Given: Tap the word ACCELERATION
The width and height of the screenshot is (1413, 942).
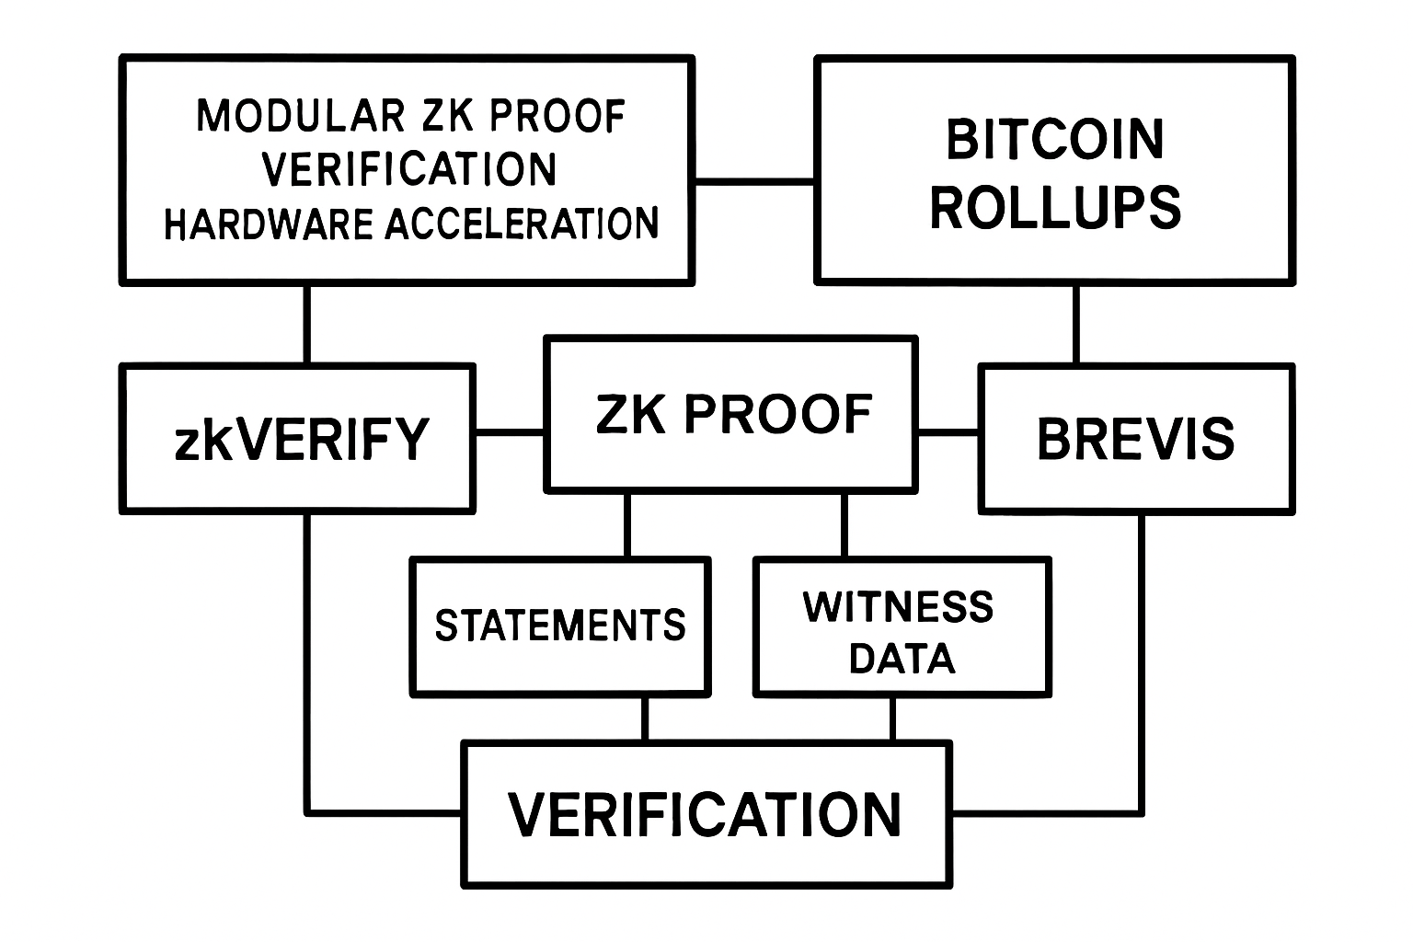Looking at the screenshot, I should [522, 224].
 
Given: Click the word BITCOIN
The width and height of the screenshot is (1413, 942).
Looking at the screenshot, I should [1055, 140].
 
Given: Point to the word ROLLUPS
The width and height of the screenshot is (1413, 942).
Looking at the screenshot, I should [1055, 207].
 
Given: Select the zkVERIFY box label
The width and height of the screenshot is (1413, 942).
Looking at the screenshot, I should [301, 439].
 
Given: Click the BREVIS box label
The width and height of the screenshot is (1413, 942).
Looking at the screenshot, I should [1136, 438].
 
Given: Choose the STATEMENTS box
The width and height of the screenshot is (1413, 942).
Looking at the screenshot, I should [560, 626].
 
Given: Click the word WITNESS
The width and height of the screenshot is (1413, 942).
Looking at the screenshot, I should [899, 607].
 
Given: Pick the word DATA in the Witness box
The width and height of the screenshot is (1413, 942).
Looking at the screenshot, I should [902, 659].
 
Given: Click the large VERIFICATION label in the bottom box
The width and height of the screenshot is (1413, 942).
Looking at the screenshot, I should [705, 814].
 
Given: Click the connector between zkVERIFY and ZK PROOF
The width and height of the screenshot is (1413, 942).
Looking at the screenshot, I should [510, 431].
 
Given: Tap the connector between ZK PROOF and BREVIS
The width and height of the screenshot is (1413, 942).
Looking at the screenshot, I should [948, 431].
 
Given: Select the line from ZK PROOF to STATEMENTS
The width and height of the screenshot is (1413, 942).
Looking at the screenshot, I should [627, 523].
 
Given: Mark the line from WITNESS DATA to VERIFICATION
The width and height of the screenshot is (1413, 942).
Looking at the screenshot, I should [891, 718].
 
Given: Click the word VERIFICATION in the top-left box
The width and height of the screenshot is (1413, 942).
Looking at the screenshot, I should [409, 169].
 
